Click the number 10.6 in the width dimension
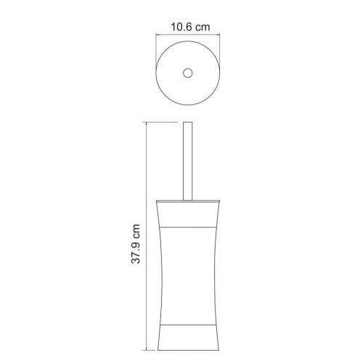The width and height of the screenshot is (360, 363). pyautogui.click(x=181, y=27)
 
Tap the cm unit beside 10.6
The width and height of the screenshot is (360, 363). pyautogui.click(x=202, y=28)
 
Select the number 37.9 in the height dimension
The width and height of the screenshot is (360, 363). pyautogui.click(x=136, y=251)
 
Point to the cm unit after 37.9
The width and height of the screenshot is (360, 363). pyautogui.click(x=136, y=230)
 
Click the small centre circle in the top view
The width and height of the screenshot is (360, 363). pyautogui.click(x=188, y=73)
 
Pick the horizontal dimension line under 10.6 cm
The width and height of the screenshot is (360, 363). pyautogui.click(x=188, y=35)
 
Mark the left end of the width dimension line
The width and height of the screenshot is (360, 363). pyautogui.click(x=156, y=35)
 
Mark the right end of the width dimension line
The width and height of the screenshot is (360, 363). pyautogui.click(x=220, y=35)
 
